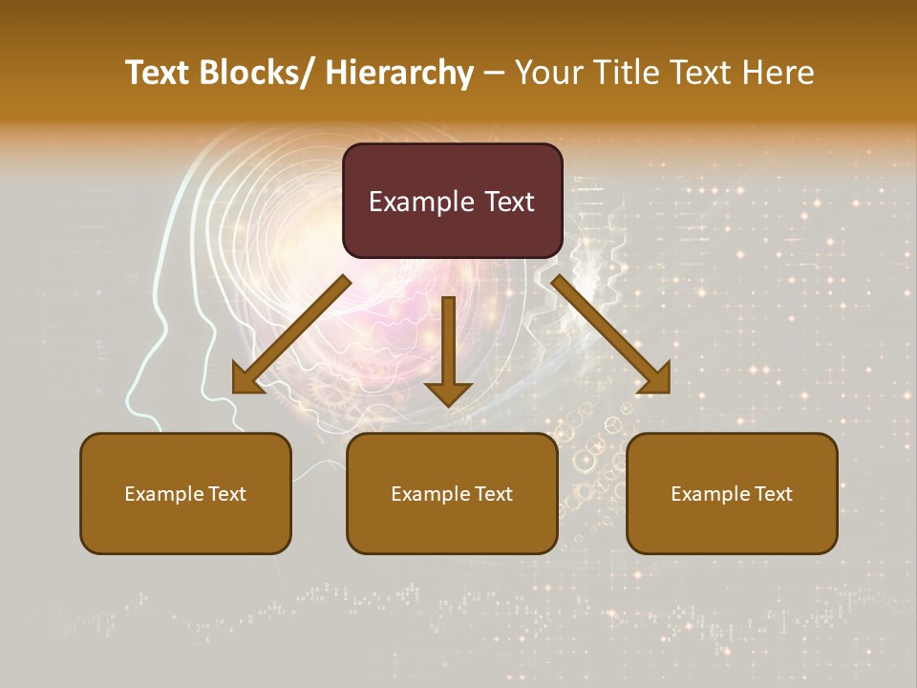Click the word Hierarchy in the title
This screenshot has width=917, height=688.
click(399, 73)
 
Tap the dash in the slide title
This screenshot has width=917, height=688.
click(494, 74)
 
